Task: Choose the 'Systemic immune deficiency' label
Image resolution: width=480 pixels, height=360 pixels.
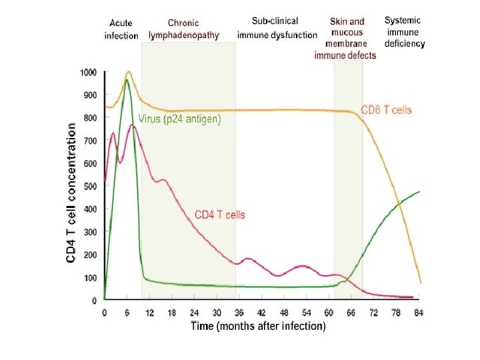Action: point(405,31)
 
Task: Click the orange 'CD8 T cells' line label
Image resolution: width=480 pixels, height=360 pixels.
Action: point(386,109)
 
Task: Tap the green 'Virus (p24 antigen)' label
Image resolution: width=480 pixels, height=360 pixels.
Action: point(179,119)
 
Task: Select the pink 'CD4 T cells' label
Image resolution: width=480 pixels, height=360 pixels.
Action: point(219,215)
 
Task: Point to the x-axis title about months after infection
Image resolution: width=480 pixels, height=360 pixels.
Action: point(258,326)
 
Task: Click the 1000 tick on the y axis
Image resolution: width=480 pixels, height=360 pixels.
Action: point(88,72)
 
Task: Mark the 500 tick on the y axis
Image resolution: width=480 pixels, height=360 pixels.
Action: point(90,186)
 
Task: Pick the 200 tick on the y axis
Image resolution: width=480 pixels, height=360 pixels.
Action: point(90,255)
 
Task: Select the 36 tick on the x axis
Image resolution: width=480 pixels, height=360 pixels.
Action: point(239,312)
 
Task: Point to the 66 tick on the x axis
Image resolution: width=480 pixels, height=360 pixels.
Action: point(352,312)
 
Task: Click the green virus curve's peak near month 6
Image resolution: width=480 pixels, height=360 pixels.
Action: point(127,80)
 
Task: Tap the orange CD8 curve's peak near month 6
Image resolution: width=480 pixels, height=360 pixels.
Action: point(128,72)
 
